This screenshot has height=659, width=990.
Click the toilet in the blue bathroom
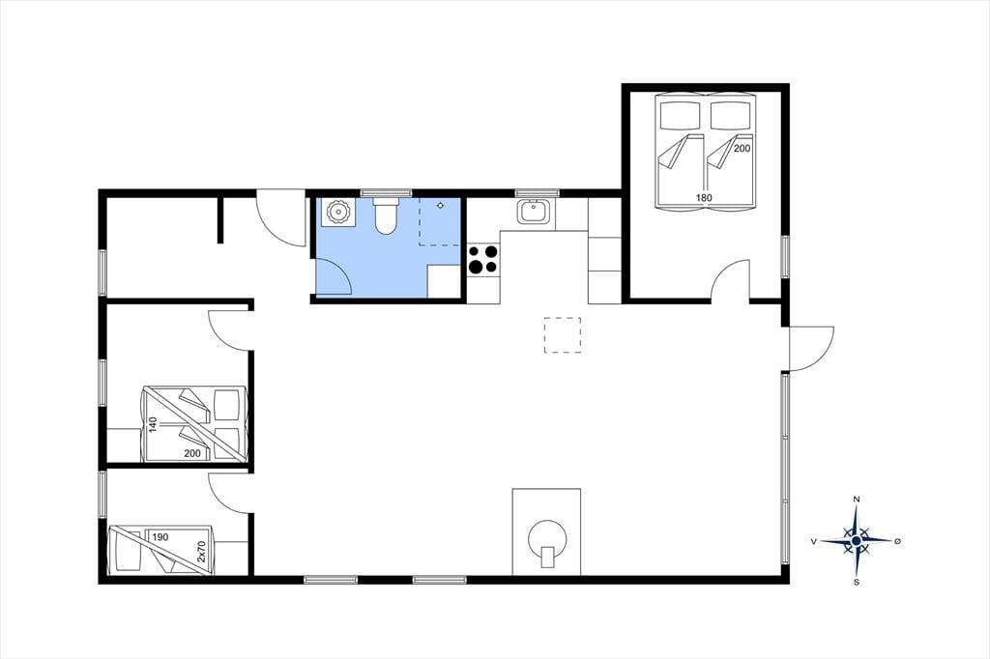(x=385, y=215)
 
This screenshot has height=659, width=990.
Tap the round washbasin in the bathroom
(x=337, y=212)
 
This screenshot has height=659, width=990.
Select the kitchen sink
(x=534, y=212)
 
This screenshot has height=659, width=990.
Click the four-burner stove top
(x=483, y=259)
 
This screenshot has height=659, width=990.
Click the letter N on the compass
(x=857, y=500)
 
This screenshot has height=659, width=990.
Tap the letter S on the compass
(x=857, y=582)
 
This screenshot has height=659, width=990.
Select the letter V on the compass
(x=814, y=541)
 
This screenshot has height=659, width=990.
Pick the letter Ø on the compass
(x=898, y=541)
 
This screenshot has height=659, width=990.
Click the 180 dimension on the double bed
(x=704, y=197)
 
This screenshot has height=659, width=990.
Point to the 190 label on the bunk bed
(x=160, y=537)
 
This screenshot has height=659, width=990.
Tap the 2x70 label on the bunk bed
(x=201, y=551)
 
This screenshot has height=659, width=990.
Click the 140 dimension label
(x=153, y=424)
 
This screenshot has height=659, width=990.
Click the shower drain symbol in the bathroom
(x=440, y=206)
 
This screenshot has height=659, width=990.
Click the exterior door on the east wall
(x=811, y=349)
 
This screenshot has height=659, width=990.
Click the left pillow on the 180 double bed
(x=681, y=115)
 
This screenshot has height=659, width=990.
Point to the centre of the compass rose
(x=857, y=541)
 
